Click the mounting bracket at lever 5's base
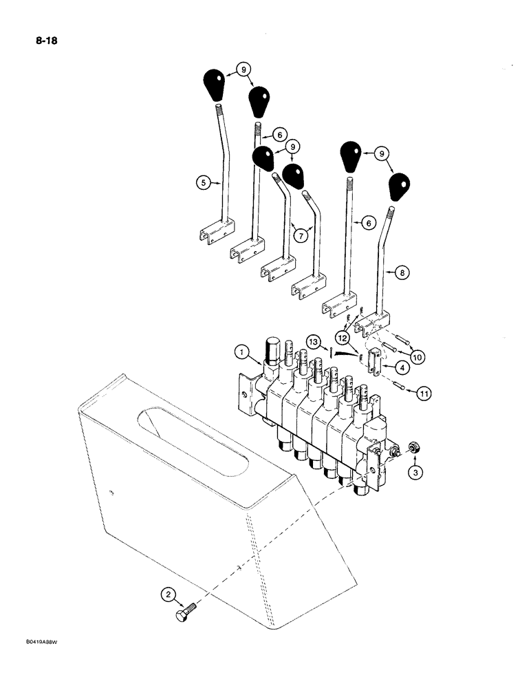pos(217,232)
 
